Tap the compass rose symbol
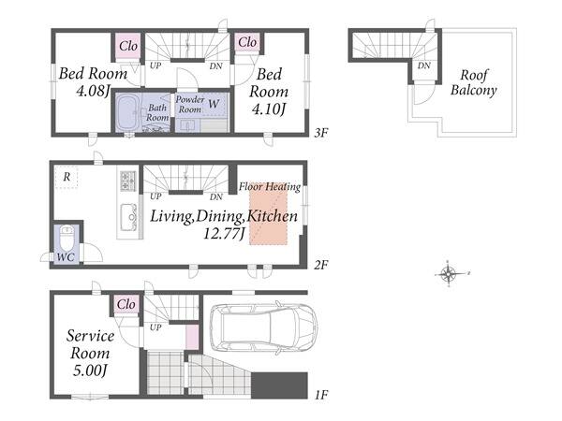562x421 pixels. [x=449, y=274]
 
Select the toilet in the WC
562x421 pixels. [x=67, y=238]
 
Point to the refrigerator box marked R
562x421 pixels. [x=67, y=177]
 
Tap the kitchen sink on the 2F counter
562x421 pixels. [x=128, y=218]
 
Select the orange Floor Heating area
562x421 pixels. [x=269, y=213]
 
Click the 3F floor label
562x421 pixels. [x=321, y=133]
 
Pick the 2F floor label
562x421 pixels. [x=321, y=265]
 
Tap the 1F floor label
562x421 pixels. [x=321, y=395]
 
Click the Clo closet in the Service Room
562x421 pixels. [x=126, y=304]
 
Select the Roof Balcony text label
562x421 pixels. [x=473, y=82]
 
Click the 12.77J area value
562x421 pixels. [x=224, y=234]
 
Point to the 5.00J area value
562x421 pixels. [x=90, y=370]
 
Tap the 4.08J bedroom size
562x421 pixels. [x=93, y=91]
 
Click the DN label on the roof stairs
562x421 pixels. [x=424, y=65]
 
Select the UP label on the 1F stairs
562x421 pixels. [x=155, y=327]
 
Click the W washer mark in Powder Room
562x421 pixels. [x=214, y=104]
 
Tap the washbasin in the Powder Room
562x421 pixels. [x=186, y=125]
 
